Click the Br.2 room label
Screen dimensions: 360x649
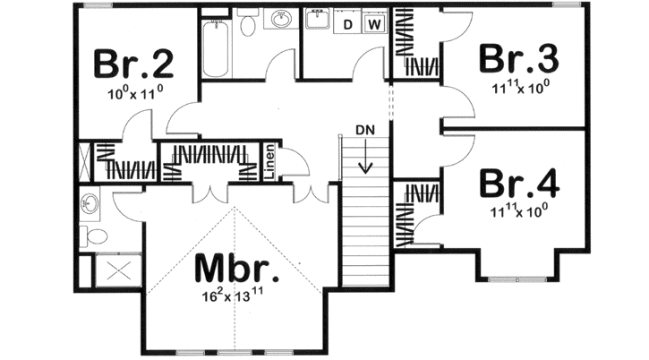point(133,64)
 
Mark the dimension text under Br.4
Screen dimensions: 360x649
point(519,211)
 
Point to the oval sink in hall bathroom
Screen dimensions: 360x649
point(282,20)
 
